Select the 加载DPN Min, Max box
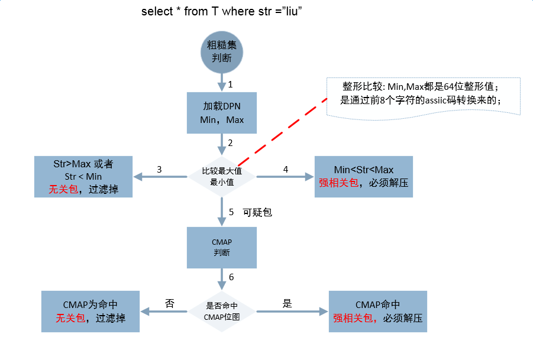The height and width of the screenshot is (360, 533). (x=222, y=112)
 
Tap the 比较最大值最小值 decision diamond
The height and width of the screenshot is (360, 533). (x=222, y=176)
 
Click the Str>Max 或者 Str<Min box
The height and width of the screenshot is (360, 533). (x=83, y=176)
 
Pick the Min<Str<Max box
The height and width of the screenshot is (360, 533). (x=364, y=176)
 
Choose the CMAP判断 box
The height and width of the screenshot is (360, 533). (x=222, y=247)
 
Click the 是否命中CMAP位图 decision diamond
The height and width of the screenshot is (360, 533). (x=222, y=310)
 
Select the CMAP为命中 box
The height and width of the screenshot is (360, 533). (x=90, y=311)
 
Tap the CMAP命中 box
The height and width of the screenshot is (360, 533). (x=377, y=311)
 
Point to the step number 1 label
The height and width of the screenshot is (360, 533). (x=230, y=85)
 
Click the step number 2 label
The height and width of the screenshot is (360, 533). (x=230, y=142)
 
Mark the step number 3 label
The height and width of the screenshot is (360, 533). (x=160, y=169)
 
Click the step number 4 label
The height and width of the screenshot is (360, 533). (x=286, y=169)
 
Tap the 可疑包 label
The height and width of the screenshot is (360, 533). (x=257, y=212)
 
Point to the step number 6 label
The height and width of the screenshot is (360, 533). (x=231, y=277)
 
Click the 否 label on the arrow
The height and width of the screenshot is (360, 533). (x=169, y=303)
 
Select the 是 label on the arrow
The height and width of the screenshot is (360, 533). (x=288, y=303)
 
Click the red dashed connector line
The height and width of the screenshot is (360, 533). (x=283, y=132)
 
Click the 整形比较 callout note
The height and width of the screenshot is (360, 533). (x=424, y=95)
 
